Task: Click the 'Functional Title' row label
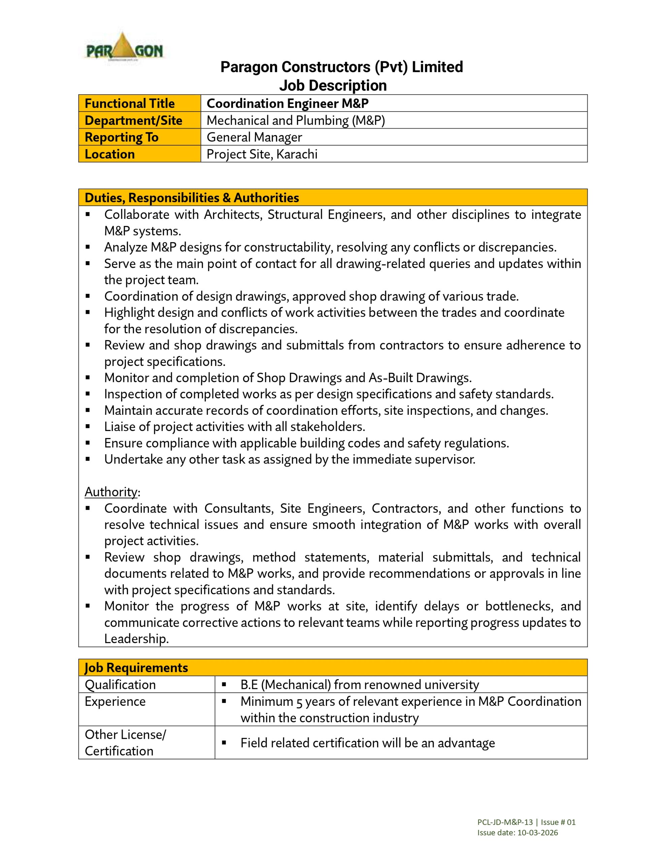130,103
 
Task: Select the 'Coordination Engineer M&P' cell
288,103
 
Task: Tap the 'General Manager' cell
254,137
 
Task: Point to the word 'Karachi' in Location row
297,154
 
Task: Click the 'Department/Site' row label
133,121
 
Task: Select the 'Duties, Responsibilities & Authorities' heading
192,198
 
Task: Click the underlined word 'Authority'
111,492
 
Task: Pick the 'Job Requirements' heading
136,668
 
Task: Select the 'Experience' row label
115,702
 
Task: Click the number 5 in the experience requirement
299,702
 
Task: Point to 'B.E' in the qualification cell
249,685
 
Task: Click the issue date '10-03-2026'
538,833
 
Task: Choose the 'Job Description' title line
333,86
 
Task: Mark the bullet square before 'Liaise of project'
88,427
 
